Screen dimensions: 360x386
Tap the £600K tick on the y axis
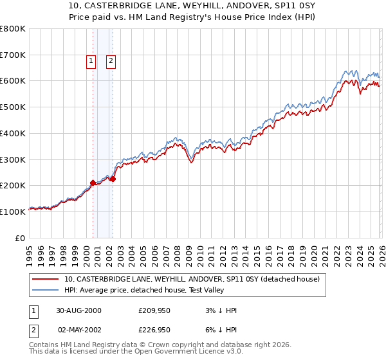(12, 81)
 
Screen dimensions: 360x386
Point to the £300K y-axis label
(12, 159)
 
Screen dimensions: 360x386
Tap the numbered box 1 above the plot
(91, 61)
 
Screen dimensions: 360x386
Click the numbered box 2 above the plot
(111, 61)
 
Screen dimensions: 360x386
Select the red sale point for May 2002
(113, 179)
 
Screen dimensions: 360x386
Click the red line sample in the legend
(46, 279)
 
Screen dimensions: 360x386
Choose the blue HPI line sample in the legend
(46, 290)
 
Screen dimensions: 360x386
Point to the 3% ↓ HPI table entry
(220, 310)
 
